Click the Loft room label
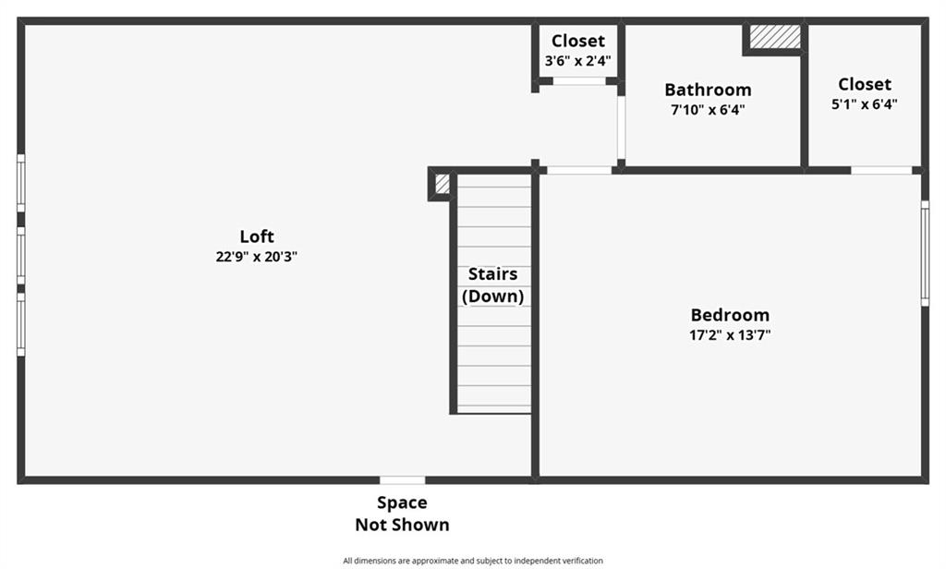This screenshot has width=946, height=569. tap(257, 236)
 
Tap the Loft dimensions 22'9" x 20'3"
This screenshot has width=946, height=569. tap(257, 257)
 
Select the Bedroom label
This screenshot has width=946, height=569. tap(730, 314)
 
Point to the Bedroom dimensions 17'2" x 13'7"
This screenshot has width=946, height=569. tap(730, 335)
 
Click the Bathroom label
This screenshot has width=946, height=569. tap(708, 90)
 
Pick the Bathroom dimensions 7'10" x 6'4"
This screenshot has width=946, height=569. tap(708, 110)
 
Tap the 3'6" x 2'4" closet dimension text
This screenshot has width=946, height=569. tap(578, 61)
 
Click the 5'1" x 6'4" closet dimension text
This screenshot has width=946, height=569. tap(865, 104)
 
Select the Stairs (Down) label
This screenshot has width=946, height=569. tap(493, 284)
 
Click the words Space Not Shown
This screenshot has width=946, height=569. tap(402, 514)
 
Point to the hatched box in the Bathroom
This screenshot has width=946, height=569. tap(775, 37)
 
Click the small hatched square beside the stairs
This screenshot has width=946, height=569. tap(443, 184)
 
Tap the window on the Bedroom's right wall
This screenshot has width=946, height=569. tap(925, 253)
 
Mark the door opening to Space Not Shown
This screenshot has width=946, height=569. tap(403, 480)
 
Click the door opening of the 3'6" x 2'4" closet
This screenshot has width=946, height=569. tap(579, 81)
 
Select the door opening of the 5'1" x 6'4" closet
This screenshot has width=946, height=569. tap(881, 171)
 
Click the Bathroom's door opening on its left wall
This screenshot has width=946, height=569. tap(621, 127)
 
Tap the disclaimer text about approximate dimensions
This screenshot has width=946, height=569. tap(473, 561)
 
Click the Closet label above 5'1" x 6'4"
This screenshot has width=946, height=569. tap(865, 84)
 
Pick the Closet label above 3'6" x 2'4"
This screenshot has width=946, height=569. tap(578, 41)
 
